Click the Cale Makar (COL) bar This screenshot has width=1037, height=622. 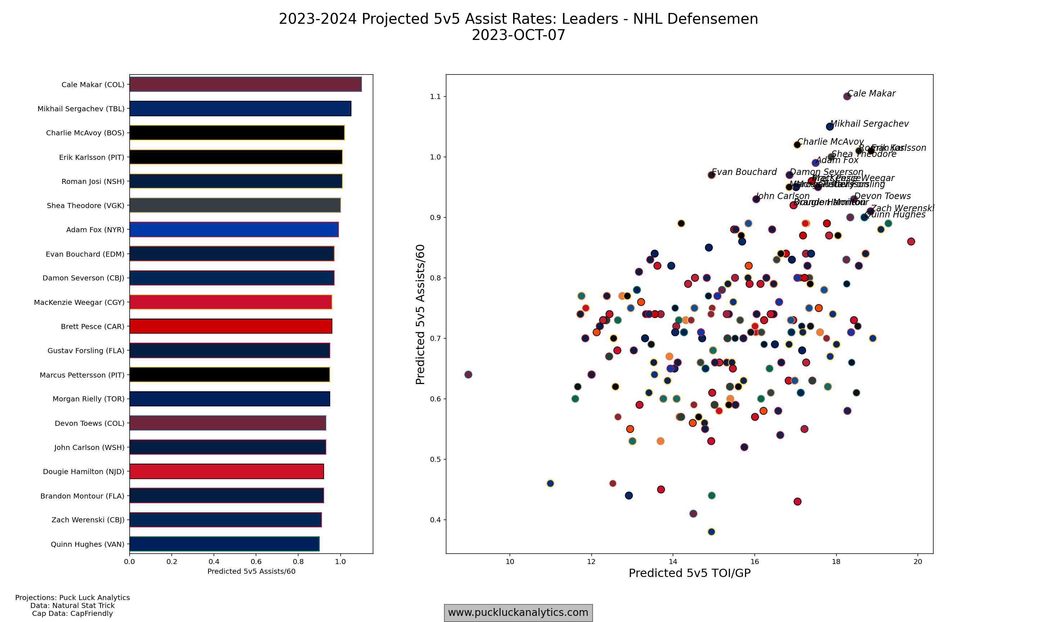click(x=245, y=84)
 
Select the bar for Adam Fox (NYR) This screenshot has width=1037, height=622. click(x=234, y=230)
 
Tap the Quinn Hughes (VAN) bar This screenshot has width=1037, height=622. click(x=224, y=544)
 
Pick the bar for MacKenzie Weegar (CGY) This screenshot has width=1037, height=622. click(x=230, y=302)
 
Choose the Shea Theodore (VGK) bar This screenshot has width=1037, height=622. click(x=235, y=206)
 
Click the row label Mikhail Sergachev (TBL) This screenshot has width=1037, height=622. click(x=81, y=109)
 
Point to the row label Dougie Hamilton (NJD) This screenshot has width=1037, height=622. click(x=84, y=472)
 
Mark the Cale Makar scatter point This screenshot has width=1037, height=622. click(x=847, y=96)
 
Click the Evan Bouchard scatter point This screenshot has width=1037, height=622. click(x=711, y=175)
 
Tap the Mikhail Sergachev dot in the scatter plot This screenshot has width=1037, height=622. click(x=830, y=127)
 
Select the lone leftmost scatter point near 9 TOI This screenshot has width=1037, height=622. click(x=468, y=375)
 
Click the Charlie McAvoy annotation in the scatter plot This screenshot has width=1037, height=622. click(x=830, y=142)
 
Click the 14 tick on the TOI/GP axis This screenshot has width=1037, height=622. click(x=673, y=562)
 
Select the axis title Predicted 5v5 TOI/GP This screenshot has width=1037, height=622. click(x=690, y=573)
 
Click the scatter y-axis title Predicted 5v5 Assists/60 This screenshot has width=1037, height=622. click(x=420, y=314)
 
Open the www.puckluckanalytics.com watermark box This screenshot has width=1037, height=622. click(x=518, y=613)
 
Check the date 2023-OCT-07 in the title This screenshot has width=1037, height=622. click(x=518, y=35)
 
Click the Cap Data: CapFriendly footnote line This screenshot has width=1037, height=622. click(x=72, y=614)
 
